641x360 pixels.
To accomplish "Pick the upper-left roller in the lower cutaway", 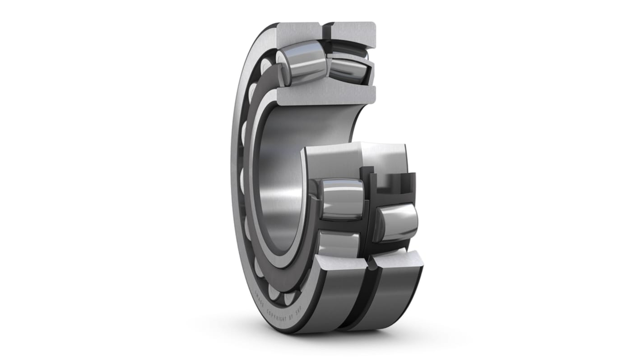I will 342,198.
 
